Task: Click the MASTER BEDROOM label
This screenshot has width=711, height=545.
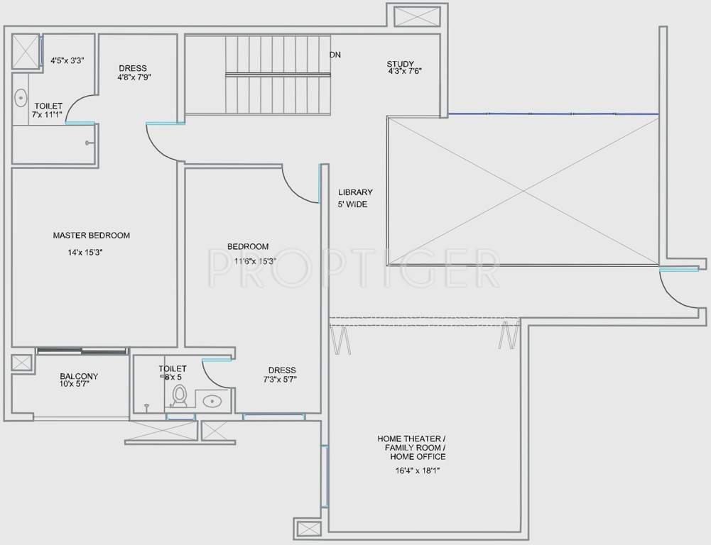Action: (x=91, y=235)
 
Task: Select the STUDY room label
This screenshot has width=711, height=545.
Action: (x=401, y=63)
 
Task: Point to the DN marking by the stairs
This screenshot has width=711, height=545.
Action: (x=335, y=55)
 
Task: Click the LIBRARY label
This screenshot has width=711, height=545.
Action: (x=355, y=192)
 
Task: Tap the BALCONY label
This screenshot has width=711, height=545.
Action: (x=79, y=376)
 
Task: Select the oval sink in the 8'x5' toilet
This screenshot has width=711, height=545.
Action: (x=212, y=402)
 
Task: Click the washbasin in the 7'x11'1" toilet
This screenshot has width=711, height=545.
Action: (x=21, y=97)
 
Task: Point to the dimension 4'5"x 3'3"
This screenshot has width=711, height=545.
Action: (x=67, y=60)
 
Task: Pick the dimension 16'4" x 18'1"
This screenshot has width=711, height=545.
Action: (x=412, y=470)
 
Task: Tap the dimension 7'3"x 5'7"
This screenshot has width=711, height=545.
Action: (x=282, y=379)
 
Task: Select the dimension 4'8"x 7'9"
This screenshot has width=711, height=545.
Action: (x=134, y=77)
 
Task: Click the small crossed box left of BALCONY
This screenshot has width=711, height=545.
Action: (x=21, y=363)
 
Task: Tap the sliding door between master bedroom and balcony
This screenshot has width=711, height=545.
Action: (x=82, y=350)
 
